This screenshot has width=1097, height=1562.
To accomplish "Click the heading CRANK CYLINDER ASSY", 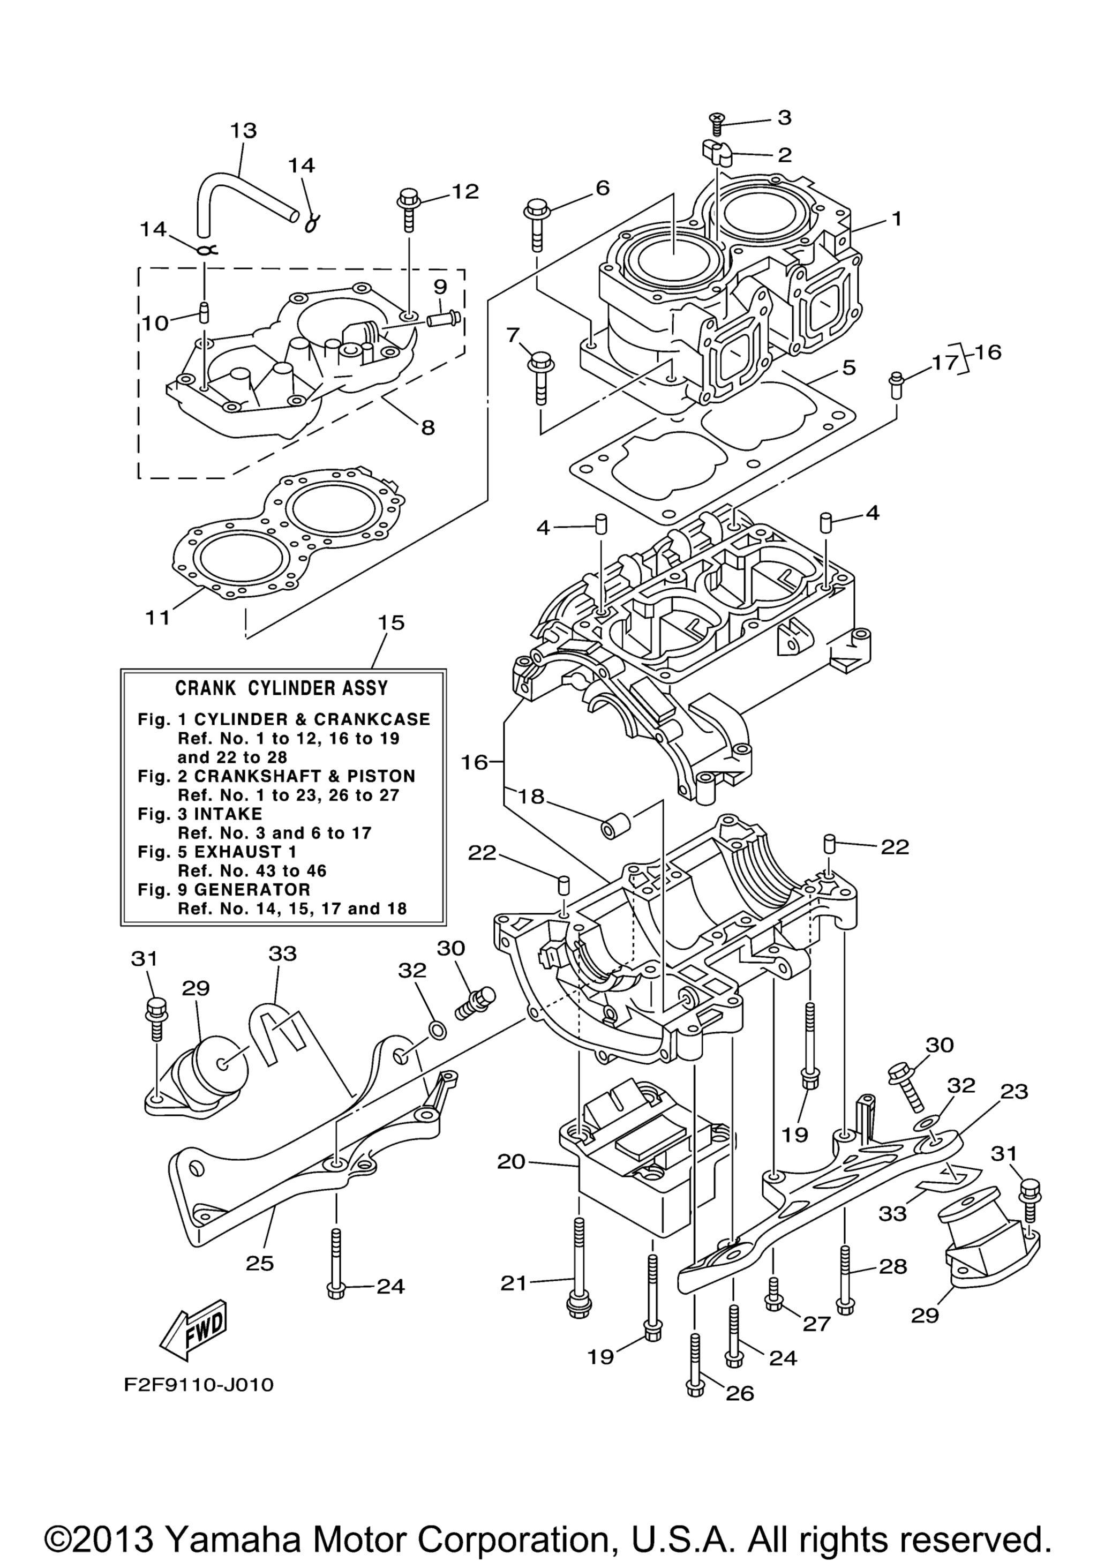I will (x=282, y=688).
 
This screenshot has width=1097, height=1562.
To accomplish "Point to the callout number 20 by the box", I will (x=512, y=1161).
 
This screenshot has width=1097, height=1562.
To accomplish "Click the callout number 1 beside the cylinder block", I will (x=896, y=219).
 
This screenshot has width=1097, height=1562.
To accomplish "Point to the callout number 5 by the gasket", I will (x=849, y=367).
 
